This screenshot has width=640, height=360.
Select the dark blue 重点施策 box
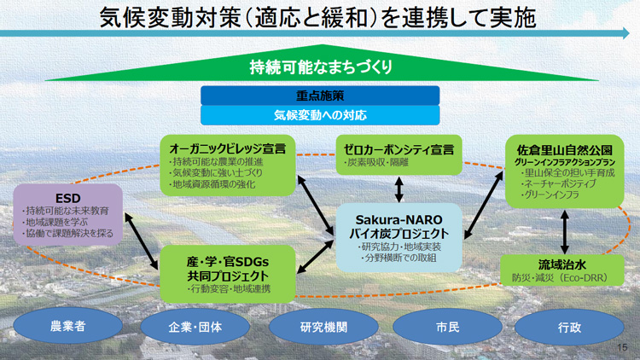(x=320, y=95)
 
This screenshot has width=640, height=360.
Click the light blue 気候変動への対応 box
(x=320, y=114)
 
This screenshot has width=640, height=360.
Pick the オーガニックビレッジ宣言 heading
(x=228, y=148)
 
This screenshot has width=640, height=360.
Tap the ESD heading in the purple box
(x=68, y=195)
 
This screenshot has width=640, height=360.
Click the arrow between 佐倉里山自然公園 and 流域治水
(x=563, y=229)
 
